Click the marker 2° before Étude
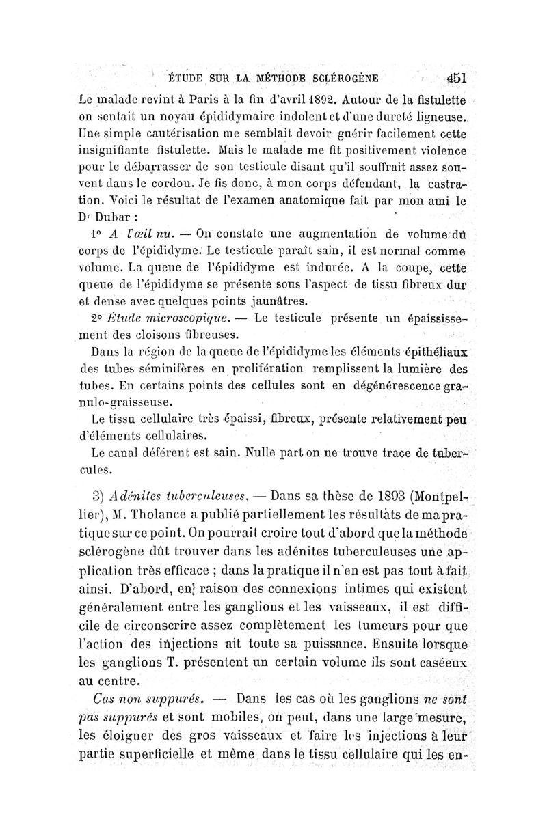[x=96, y=318]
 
